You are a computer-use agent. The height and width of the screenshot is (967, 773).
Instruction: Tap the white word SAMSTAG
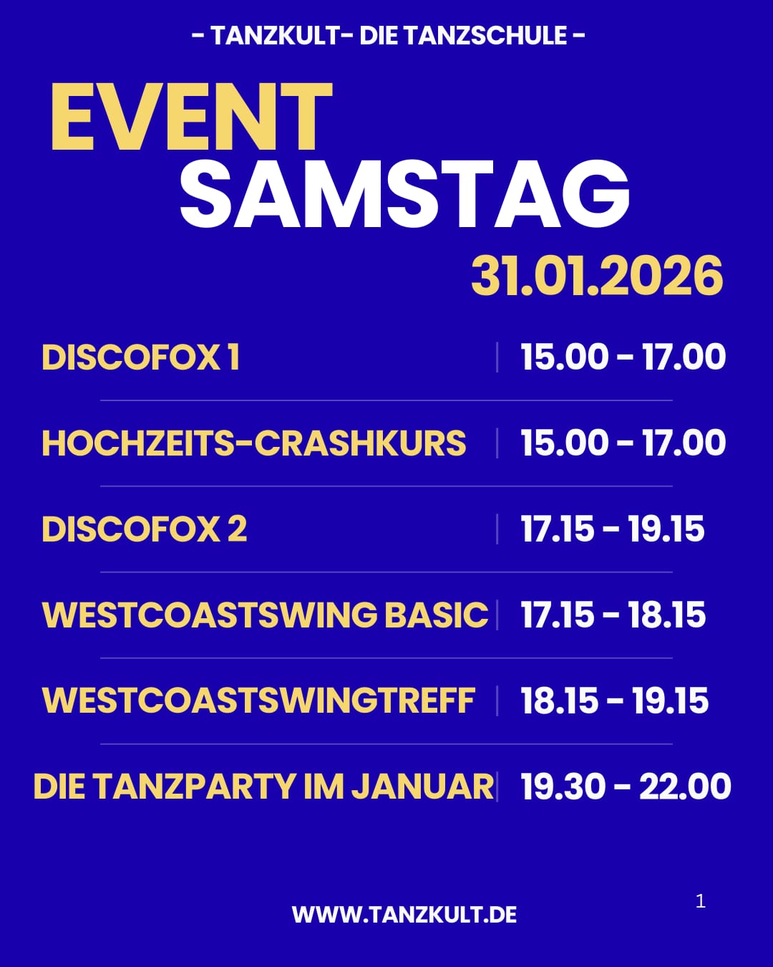point(404,194)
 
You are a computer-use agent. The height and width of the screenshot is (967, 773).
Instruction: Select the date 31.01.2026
point(597,276)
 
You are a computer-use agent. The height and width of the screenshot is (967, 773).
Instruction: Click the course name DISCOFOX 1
point(140,357)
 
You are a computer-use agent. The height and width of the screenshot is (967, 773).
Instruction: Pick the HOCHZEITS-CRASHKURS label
point(253,443)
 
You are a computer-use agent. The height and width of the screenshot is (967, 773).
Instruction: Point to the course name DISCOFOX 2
point(144,529)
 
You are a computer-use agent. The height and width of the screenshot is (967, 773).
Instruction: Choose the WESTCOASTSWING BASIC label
point(265,615)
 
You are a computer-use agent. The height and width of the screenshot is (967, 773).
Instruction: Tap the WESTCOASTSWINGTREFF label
point(258,701)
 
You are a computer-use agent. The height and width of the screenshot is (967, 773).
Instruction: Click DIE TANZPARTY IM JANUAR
point(263,786)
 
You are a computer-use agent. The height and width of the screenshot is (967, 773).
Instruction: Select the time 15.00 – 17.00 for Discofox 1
point(623,357)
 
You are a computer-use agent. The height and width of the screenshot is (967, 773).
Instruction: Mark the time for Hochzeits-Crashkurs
point(623,443)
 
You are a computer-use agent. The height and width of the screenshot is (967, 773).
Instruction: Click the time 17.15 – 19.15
point(612,529)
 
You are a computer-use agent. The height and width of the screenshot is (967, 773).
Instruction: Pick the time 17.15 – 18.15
point(613,615)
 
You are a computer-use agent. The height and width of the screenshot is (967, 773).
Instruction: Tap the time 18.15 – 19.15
point(614,701)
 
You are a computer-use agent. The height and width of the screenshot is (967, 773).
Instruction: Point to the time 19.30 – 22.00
point(626,786)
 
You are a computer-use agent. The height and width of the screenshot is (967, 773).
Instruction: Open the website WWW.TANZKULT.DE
point(404,915)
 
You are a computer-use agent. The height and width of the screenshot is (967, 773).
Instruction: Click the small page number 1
point(701,901)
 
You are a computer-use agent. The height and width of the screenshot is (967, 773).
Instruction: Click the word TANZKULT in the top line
point(275,35)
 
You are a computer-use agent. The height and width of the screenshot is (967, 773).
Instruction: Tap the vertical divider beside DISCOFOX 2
point(497,529)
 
